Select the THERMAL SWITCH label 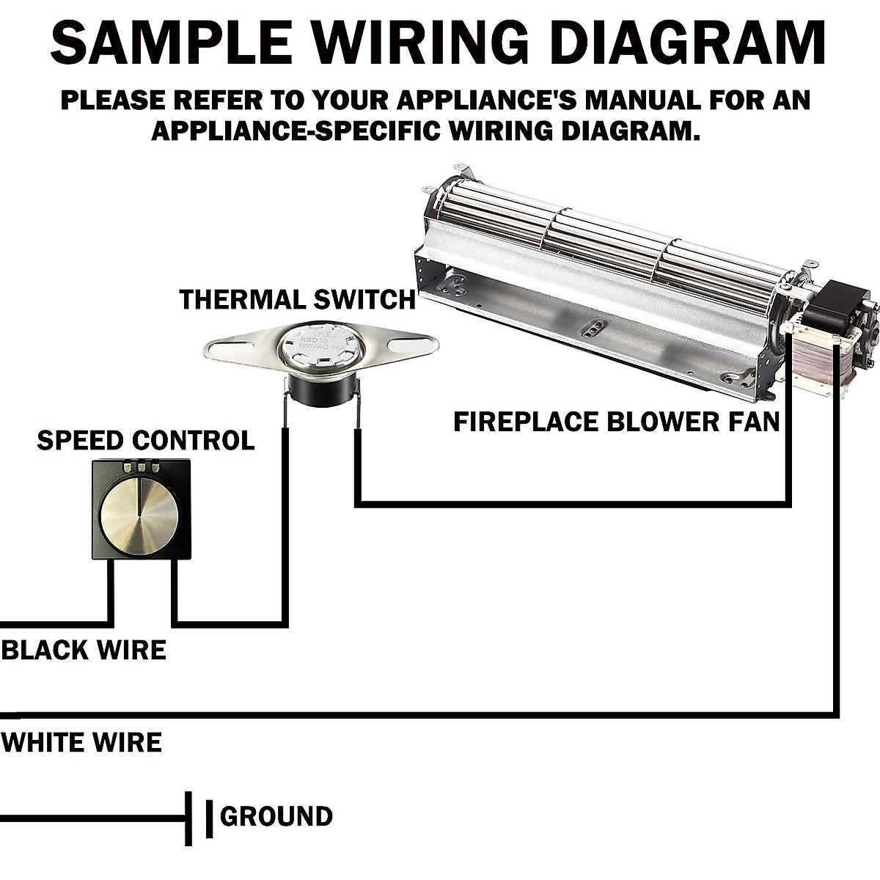[x=297, y=300]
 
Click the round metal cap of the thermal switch [x=320, y=351]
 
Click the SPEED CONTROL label [x=145, y=441]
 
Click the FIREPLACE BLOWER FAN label [x=616, y=422]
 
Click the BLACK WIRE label [x=84, y=650]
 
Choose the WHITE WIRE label [x=81, y=743]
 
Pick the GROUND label [x=276, y=816]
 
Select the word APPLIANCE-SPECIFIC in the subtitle [x=293, y=131]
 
